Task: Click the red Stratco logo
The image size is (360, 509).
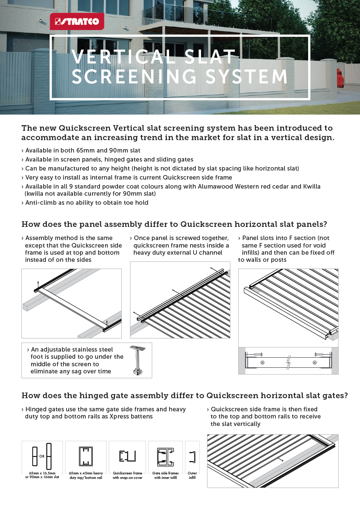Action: pyautogui.click(x=77, y=21)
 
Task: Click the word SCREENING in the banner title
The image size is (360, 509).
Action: pyautogui.click(x=134, y=77)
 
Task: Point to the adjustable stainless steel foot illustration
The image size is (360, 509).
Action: pyautogui.click(x=138, y=360)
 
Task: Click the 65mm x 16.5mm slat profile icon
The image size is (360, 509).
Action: pyautogui.click(x=42, y=456)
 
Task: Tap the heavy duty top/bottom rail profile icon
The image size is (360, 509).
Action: pyautogui.click(x=86, y=456)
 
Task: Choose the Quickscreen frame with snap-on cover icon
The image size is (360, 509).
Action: pyautogui.click(x=127, y=456)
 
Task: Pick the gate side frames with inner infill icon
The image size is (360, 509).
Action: pyautogui.click(x=165, y=457)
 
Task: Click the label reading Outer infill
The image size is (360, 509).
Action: pyautogui.click(x=192, y=476)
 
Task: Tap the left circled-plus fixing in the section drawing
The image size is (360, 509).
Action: pyautogui.click(x=262, y=362)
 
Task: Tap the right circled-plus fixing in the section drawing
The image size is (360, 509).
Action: pyautogui.click(x=315, y=362)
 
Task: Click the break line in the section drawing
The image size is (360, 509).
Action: pyautogui.click(x=289, y=362)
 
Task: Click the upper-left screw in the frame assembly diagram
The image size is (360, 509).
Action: pyautogui.click(x=38, y=284)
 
